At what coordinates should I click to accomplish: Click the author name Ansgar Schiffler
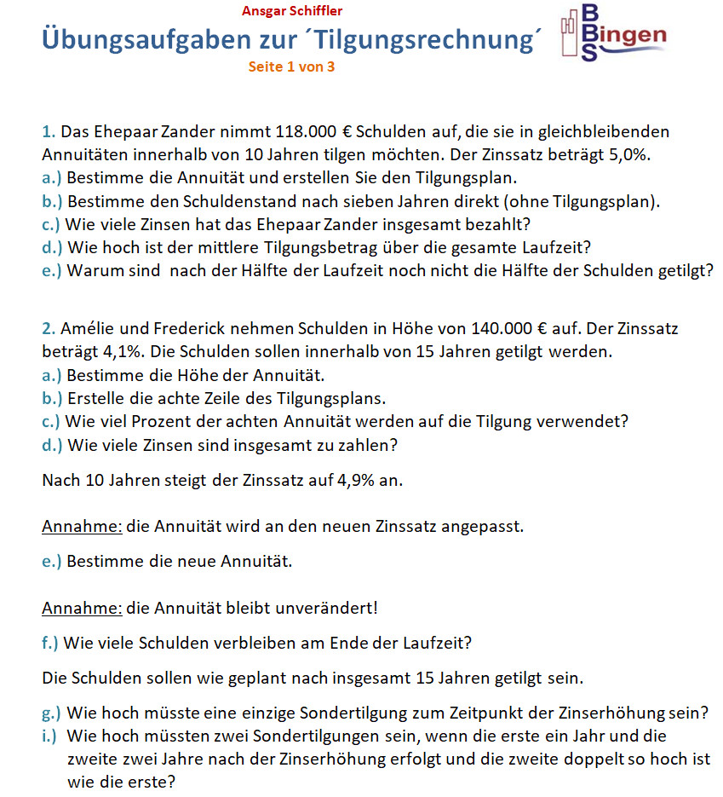(292, 11)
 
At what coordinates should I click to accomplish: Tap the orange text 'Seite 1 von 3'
(291, 66)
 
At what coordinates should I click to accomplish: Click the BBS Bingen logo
(614, 34)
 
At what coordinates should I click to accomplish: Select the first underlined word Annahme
(82, 526)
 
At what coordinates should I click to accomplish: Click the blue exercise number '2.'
(49, 328)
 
